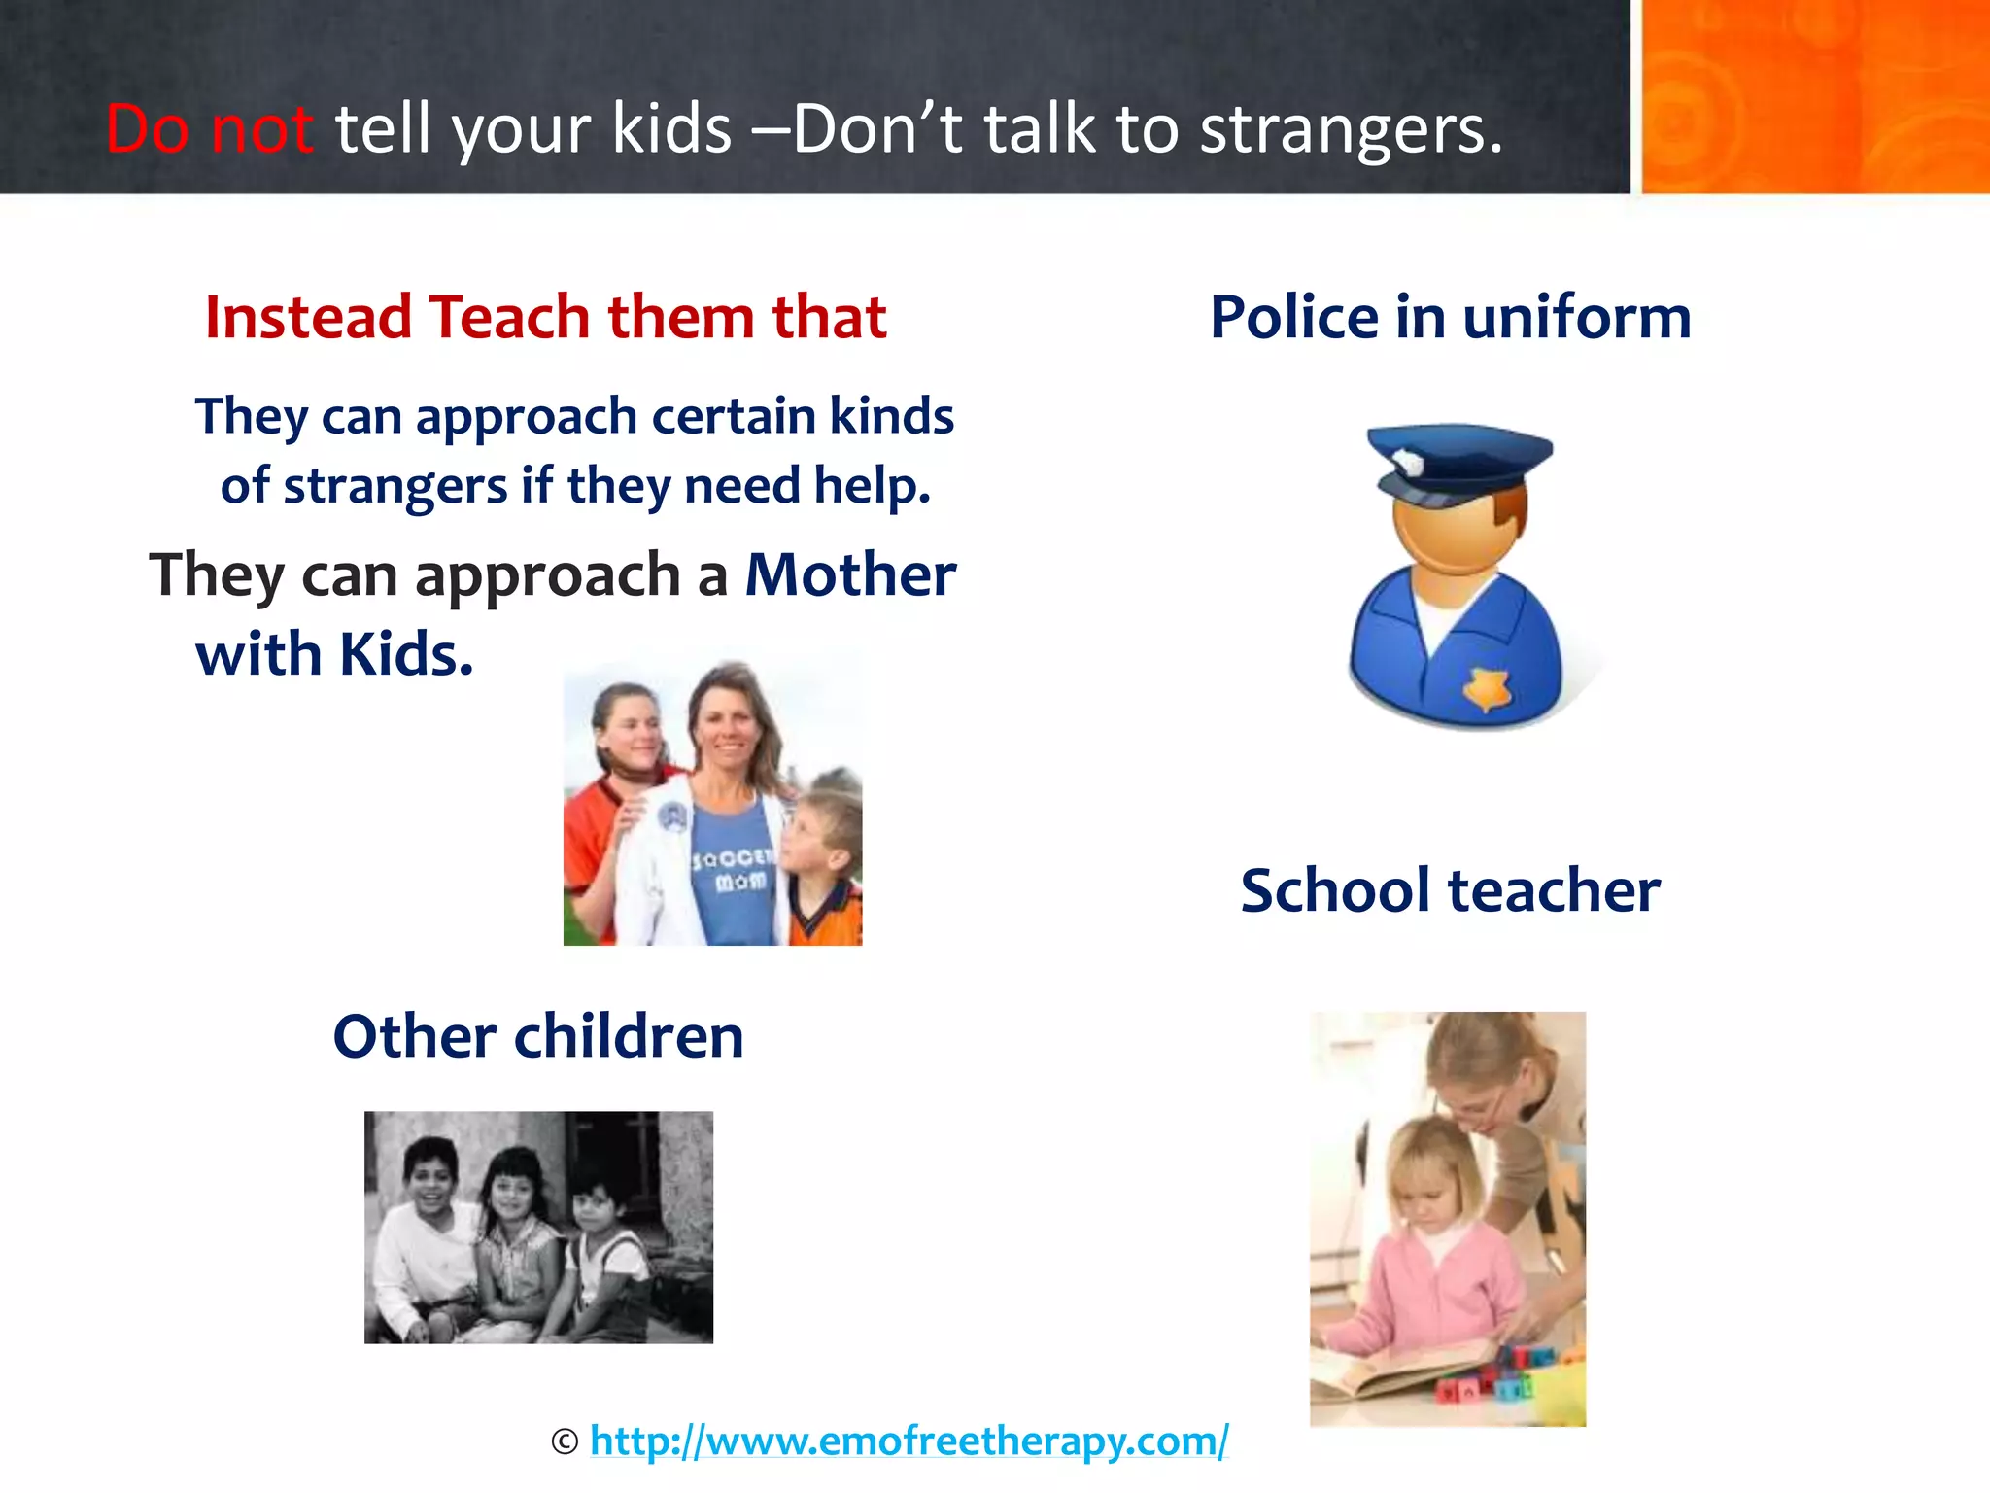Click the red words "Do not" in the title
209,129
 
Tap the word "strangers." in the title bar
1351,129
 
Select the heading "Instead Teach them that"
545,317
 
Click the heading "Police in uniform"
1450,317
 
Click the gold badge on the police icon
1488,688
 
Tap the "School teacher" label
1450,890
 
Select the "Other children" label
538,1036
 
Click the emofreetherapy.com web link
909,1441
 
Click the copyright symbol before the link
565,1441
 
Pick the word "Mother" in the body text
850,574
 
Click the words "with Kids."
334,654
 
